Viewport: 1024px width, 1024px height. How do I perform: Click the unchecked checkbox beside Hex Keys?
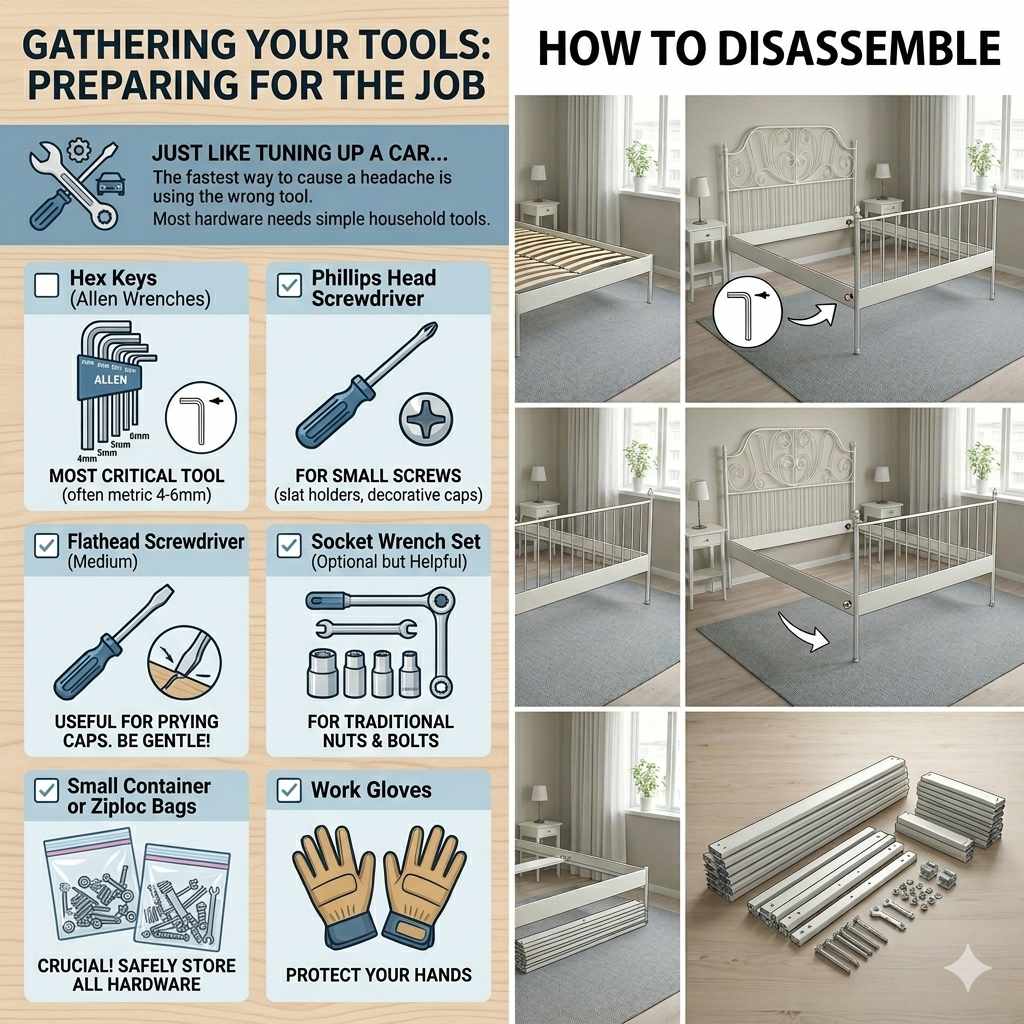click(47, 286)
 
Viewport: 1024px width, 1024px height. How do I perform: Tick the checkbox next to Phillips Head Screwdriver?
click(289, 286)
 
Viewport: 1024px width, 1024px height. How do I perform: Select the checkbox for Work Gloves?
click(289, 790)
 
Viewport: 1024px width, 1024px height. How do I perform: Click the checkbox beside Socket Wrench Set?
click(289, 545)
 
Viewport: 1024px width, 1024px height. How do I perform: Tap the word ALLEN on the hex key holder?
click(104, 381)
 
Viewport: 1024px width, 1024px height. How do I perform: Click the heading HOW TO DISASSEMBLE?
click(769, 48)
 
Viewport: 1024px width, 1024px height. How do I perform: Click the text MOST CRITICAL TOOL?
click(136, 476)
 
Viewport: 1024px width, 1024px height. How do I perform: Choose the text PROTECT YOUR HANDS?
click(378, 974)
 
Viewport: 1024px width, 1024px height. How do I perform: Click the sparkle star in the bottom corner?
click(969, 969)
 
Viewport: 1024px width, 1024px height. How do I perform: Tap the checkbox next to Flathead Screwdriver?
click(47, 545)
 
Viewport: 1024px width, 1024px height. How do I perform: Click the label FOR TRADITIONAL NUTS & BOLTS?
click(379, 731)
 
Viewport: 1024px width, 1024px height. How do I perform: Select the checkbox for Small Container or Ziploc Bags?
click(47, 790)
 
